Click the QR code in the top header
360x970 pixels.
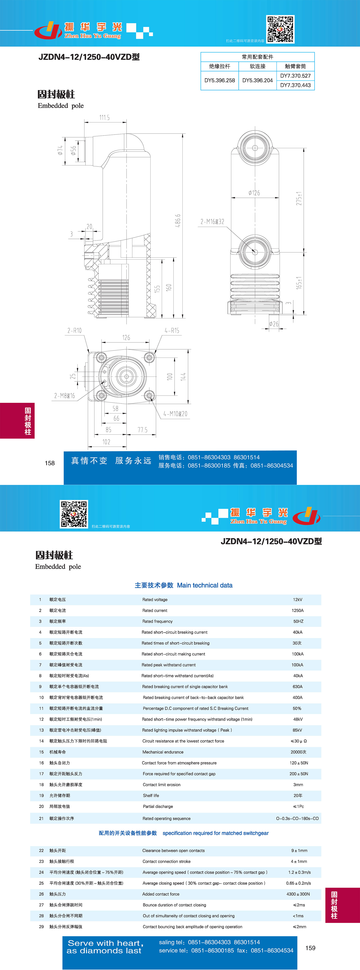(280, 29)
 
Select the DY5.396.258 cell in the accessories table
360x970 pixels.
(220, 80)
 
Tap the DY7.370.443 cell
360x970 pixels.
(295, 85)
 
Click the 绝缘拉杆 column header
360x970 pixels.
(220, 66)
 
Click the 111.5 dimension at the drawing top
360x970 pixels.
(105, 118)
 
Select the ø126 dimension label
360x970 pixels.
(254, 193)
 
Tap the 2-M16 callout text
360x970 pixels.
(212, 221)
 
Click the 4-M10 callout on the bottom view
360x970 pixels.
(175, 414)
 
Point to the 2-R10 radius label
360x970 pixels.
(75, 331)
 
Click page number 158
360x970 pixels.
(50, 463)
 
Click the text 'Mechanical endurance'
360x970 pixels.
(163, 752)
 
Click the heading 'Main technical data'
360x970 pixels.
(205, 585)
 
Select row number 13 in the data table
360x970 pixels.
(41, 730)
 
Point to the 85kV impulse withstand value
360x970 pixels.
(298, 730)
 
